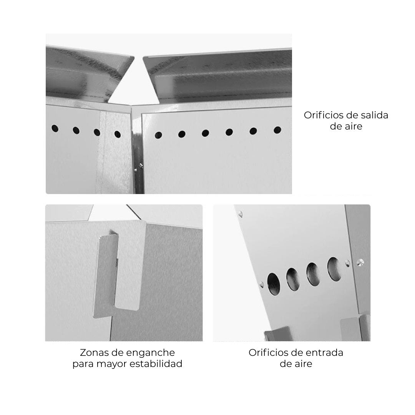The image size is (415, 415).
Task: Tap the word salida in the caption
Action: click(375, 115)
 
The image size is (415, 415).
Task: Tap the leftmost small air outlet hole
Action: click(55, 129)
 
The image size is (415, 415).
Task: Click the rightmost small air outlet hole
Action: click(277, 130)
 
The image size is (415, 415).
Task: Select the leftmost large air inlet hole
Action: click(274, 284)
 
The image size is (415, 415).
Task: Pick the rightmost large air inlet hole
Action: click(334, 269)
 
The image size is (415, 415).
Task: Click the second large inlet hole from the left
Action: click(293, 279)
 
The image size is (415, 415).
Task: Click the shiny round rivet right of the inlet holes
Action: click(360, 262)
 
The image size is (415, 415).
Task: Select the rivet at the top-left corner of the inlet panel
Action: click(240, 214)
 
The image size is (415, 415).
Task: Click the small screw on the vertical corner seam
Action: click(141, 165)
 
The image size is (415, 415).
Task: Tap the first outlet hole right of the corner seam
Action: click(158, 135)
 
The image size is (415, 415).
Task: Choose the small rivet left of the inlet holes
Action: click(262, 284)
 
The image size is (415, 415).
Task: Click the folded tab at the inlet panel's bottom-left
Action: click(277, 334)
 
